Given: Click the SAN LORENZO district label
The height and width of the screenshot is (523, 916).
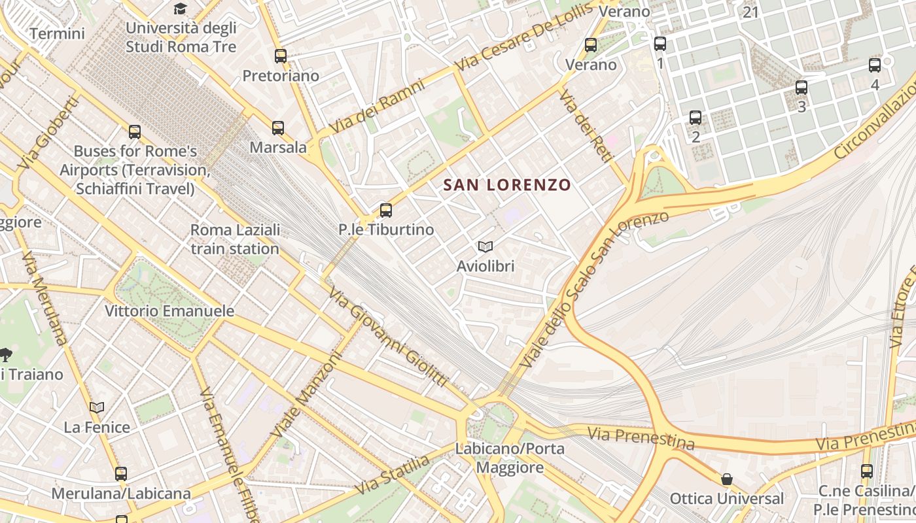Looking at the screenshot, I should coord(507,185).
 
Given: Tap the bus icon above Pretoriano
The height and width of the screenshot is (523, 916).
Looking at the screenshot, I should coord(281,56).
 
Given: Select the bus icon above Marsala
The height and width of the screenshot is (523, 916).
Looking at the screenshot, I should coord(278,128).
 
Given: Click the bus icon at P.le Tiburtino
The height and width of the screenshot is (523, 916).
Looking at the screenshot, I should coord(386,211).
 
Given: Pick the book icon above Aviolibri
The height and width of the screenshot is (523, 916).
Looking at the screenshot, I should coord(485,246).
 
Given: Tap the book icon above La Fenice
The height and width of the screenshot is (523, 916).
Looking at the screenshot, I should coord(97,408).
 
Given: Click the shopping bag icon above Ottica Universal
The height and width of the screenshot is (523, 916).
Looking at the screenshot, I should coord(726,479).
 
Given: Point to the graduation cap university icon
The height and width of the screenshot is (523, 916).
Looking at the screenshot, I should coord(180,8).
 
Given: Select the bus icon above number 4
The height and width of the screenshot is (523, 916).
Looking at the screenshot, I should coord(875,65).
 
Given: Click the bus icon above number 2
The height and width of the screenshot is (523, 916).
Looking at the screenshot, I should coord(696,118).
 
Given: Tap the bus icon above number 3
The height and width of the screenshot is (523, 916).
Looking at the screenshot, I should coord(801,88).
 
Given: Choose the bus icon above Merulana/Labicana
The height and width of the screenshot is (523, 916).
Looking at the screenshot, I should coord(121,473).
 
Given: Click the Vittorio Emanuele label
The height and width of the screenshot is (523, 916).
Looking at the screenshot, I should coord(169,311).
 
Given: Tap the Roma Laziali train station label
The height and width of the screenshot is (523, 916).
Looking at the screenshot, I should coord(235,239).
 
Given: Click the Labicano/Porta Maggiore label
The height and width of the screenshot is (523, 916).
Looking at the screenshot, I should coord(510,458).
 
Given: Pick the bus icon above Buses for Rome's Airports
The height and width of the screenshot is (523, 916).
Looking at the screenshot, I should coord(134,132).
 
